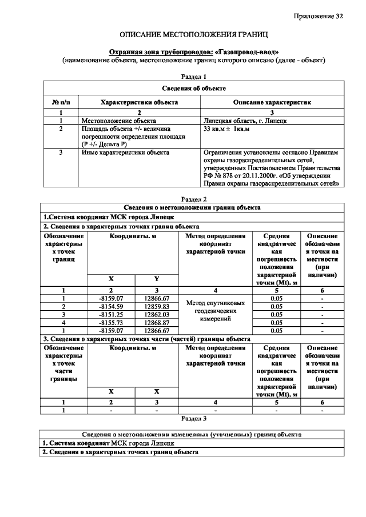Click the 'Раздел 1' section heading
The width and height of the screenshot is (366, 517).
point(193,76)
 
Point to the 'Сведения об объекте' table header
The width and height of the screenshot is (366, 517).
point(193,89)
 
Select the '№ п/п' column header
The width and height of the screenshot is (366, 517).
point(61,102)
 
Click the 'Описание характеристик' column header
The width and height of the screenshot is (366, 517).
point(272,102)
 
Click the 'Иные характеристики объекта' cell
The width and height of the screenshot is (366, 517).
point(126,153)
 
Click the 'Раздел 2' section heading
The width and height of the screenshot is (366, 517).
point(193,199)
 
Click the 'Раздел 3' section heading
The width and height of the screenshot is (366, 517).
point(193,418)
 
